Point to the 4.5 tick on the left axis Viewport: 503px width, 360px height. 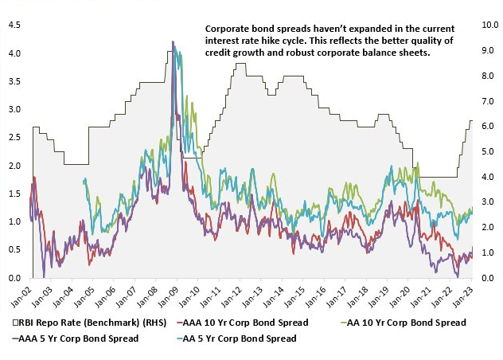tap(14, 25)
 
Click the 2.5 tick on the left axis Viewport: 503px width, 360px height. tap(14, 137)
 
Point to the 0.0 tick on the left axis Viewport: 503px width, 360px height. tap(14, 278)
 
